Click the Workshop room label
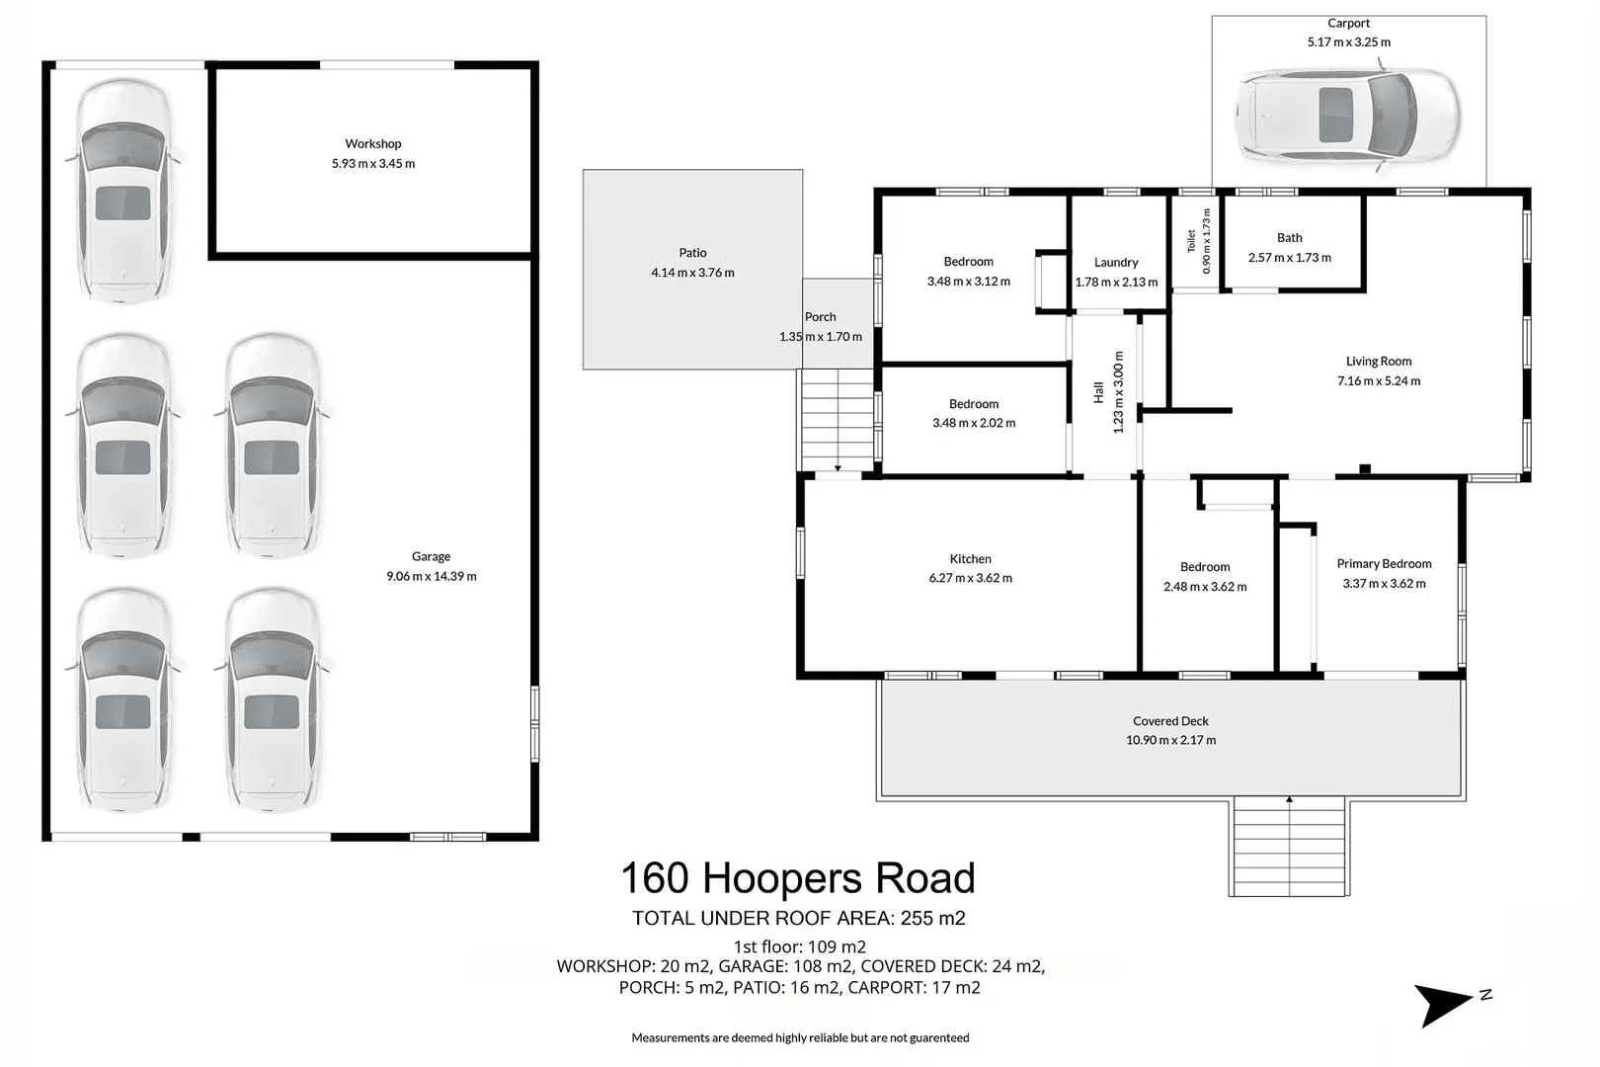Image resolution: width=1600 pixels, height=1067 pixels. (373, 143)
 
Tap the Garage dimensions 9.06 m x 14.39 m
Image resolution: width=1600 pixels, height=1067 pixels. (432, 576)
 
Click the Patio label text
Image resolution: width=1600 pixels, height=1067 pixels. (693, 252)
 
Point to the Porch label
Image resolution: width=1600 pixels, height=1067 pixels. (820, 316)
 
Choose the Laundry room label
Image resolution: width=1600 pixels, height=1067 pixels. (1116, 262)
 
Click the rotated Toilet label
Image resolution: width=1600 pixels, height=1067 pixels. (1191, 241)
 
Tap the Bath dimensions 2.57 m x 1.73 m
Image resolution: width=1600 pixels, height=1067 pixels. (1290, 257)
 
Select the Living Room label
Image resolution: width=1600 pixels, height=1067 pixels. (1379, 361)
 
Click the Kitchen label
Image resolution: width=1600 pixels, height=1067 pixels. (970, 559)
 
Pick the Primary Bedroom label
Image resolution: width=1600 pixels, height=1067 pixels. (1385, 563)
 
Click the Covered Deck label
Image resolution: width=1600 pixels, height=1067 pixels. (1170, 721)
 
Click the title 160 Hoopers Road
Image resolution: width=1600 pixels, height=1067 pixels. (798, 877)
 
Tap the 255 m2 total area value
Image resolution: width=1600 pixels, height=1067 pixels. (933, 919)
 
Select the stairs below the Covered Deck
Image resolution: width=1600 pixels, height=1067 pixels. (1289, 848)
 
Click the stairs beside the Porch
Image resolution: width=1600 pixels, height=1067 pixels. (838, 420)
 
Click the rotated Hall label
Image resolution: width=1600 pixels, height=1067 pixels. (1098, 392)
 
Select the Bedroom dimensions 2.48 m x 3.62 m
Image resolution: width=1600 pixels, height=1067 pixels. (1205, 587)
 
